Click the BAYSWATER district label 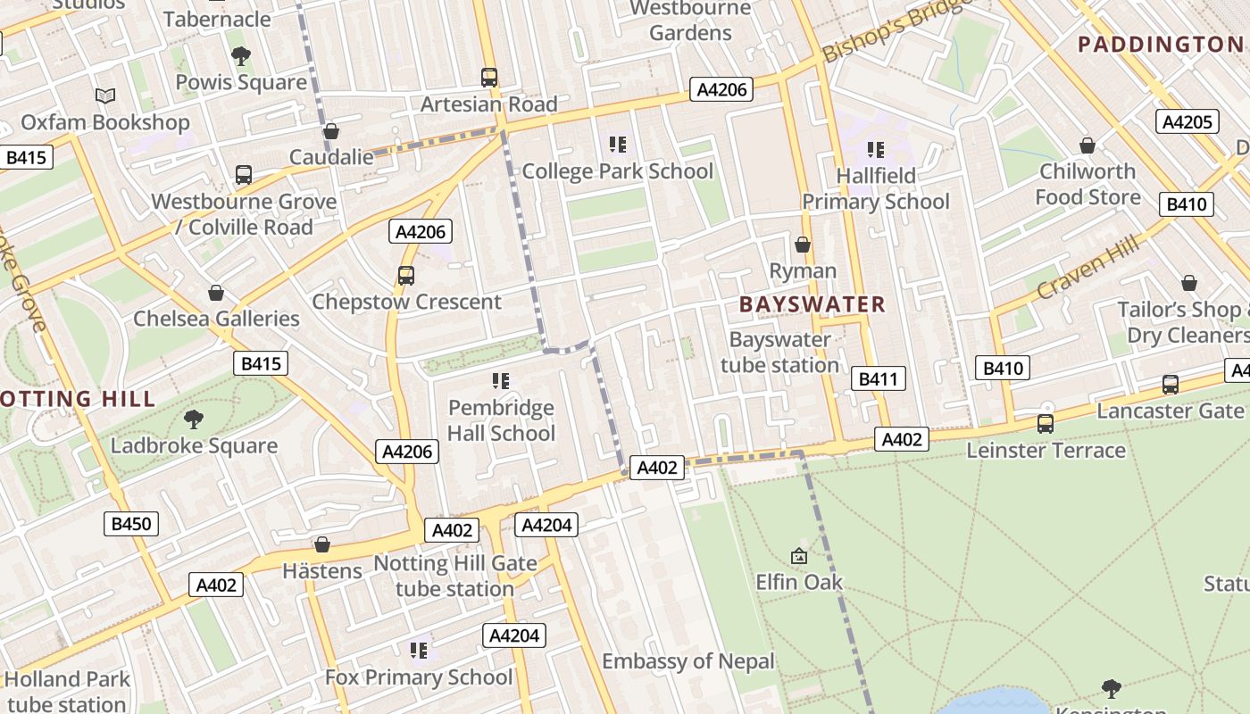[812, 304]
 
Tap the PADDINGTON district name [1160, 44]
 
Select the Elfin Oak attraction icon [799, 556]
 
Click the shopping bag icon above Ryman [803, 245]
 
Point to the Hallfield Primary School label [875, 189]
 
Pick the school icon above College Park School [617, 144]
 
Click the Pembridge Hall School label [501, 420]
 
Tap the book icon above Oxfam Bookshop [105, 95]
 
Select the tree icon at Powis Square [240, 56]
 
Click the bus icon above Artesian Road [488, 78]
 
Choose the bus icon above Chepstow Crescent [406, 275]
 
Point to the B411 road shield [878, 379]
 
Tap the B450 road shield [131, 524]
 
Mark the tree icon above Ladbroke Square [193, 419]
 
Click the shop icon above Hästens [322, 544]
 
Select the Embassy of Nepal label [687, 661]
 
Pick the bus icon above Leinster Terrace [1046, 424]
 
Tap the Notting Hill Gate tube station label [454, 576]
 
